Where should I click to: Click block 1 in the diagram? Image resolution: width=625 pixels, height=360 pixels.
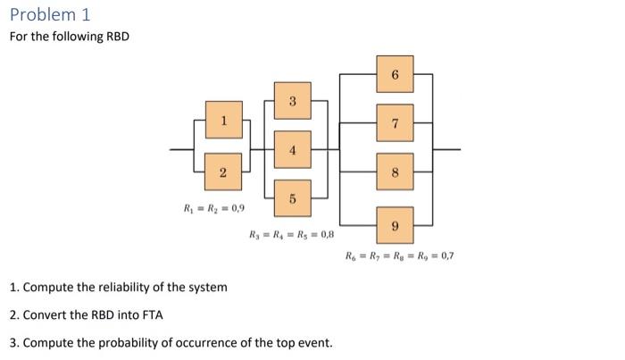click(223, 121)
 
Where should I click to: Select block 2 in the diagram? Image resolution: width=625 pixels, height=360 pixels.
click(223, 172)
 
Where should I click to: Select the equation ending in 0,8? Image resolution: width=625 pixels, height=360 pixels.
click(292, 236)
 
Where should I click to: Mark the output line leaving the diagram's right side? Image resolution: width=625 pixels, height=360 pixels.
click(448, 149)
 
